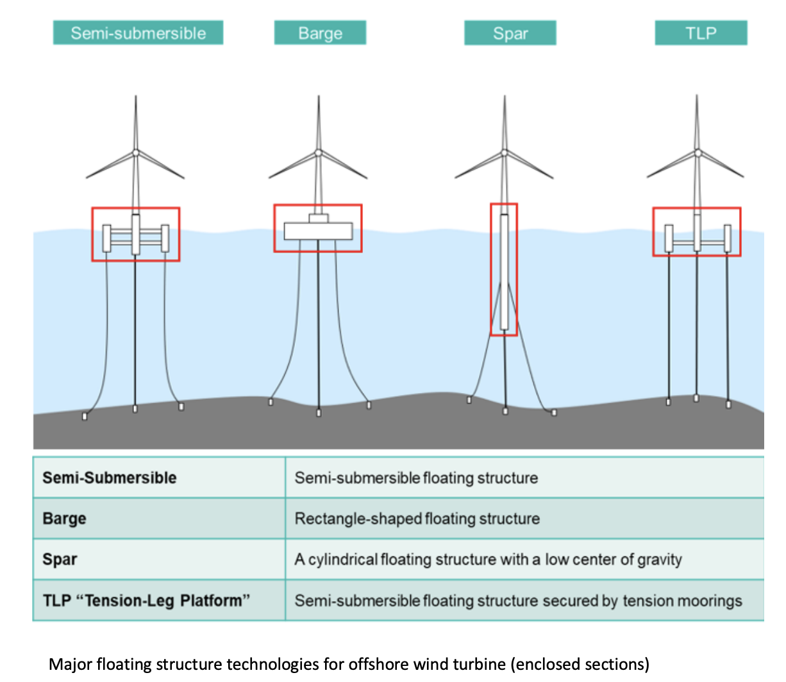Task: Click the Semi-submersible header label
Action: pyautogui.click(x=138, y=33)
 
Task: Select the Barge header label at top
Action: pyautogui.click(x=320, y=33)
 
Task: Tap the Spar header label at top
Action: pyautogui.click(x=510, y=33)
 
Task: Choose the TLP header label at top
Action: pyautogui.click(x=701, y=33)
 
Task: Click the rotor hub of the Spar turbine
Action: pyautogui.click(x=505, y=153)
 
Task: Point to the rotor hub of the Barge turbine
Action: pyautogui.click(x=318, y=153)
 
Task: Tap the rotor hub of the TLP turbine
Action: pyautogui.click(x=698, y=153)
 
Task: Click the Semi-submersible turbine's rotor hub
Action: pyautogui.click(x=135, y=153)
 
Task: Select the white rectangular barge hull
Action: pyautogui.click(x=318, y=231)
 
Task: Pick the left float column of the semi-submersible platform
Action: pyautogui.click(x=106, y=238)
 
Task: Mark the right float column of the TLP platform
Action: pyautogui.click(x=728, y=238)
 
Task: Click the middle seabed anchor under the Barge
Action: pyautogui.click(x=319, y=413)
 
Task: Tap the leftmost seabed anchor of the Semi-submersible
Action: pyautogui.click(x=85, y=417)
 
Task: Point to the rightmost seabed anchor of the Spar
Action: pyautogui.click(x=554, y=412)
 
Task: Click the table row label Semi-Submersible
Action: pyautogui.click(x=110, y=478)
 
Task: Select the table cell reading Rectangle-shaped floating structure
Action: pyautogui.click(x=417, y=519)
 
